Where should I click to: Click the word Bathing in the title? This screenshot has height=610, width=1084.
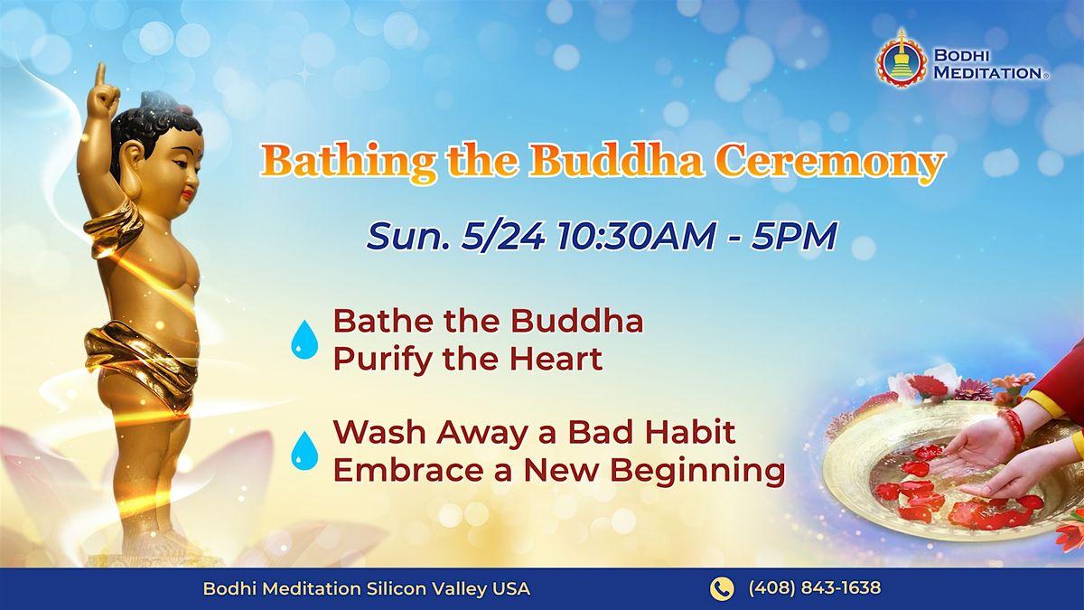point(348,161)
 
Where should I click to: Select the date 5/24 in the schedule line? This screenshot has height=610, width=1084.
point(502,237)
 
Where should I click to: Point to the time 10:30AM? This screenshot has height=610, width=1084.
point(635,237)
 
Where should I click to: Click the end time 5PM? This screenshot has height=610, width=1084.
point(794,237)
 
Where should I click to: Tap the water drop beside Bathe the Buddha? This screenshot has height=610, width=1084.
point(304,339)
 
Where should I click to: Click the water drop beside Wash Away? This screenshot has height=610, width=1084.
point(304,451)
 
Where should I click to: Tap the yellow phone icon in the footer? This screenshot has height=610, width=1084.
point(722,588)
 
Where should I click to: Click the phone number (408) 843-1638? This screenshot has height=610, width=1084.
point(815,588)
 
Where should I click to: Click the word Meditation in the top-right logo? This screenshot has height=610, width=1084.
point(987,73)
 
